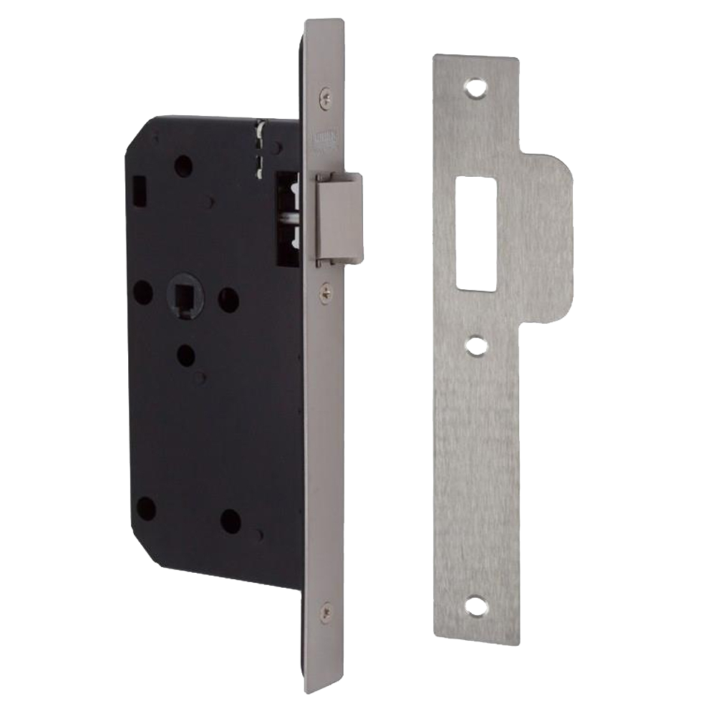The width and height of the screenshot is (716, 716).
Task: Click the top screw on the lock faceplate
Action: [326, 92]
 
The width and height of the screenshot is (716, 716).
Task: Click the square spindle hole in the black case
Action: [182, 294]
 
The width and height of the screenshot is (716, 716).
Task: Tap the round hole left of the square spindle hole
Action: [143, 292]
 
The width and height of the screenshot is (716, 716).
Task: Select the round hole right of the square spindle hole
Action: [228, 299]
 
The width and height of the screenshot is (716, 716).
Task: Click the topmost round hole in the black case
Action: [183, 167]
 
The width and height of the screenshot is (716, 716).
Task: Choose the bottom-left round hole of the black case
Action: [145, 508]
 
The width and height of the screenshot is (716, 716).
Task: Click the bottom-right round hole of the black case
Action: [231, 521]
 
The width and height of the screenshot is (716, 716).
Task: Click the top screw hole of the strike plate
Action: [475, 89]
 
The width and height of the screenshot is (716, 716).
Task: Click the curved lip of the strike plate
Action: [551, 236]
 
